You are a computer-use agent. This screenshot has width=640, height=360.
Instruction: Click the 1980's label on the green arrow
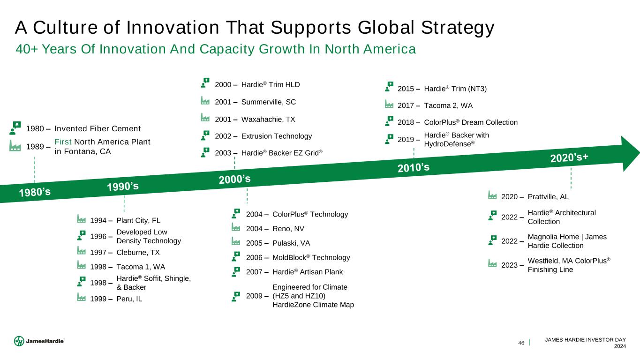(35, 192)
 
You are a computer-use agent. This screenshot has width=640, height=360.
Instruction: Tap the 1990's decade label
(123, 187)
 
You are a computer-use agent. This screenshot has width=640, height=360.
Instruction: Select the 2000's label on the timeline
(234, 179)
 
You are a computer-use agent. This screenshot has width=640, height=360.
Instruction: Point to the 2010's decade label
(414, 167)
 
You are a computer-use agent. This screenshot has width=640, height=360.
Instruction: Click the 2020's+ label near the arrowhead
(569, 157)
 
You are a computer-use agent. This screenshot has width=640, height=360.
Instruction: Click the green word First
(63, 142)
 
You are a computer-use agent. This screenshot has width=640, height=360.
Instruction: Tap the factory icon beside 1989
(15, 146)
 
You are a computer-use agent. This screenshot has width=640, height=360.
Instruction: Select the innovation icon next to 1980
(15, 127)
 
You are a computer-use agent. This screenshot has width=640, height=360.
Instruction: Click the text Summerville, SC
(269, 102)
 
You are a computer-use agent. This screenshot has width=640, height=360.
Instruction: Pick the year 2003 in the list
(223, 153)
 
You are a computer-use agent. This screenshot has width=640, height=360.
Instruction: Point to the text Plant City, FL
(138, 220)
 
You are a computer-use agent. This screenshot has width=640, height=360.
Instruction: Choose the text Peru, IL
(129, 299)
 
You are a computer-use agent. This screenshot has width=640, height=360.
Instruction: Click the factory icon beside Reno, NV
(236, 227)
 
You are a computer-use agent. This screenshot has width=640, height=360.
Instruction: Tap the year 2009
(254, 296)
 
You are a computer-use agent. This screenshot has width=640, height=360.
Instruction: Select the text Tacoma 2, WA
(448, 105)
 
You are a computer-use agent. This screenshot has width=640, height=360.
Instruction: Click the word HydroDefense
(448, 144)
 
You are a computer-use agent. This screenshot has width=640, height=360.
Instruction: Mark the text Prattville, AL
(548, 196)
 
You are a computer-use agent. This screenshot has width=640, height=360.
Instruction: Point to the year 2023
(510, 265)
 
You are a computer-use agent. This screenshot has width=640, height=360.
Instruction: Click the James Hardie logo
(39, 341)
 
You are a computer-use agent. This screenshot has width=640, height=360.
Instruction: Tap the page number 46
(521, 343)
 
